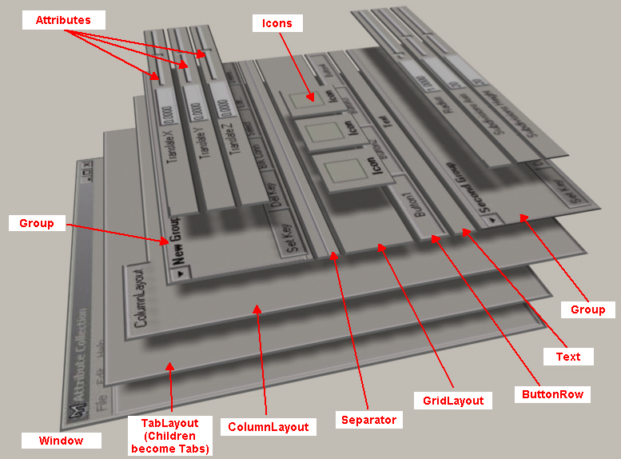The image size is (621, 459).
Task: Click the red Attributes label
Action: [x=63, y=20]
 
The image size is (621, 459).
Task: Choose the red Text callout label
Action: [x=568, y=356]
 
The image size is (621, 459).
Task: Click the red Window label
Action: [x=60, y=440]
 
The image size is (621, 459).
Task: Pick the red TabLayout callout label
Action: [x=170, y=434]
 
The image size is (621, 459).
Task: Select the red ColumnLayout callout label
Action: [x=269, y=426]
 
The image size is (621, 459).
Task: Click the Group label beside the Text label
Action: [x=587, y=309]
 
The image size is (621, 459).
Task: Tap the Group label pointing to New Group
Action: [x=36, y=223]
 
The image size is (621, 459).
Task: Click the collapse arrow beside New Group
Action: [x=182, y=272]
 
